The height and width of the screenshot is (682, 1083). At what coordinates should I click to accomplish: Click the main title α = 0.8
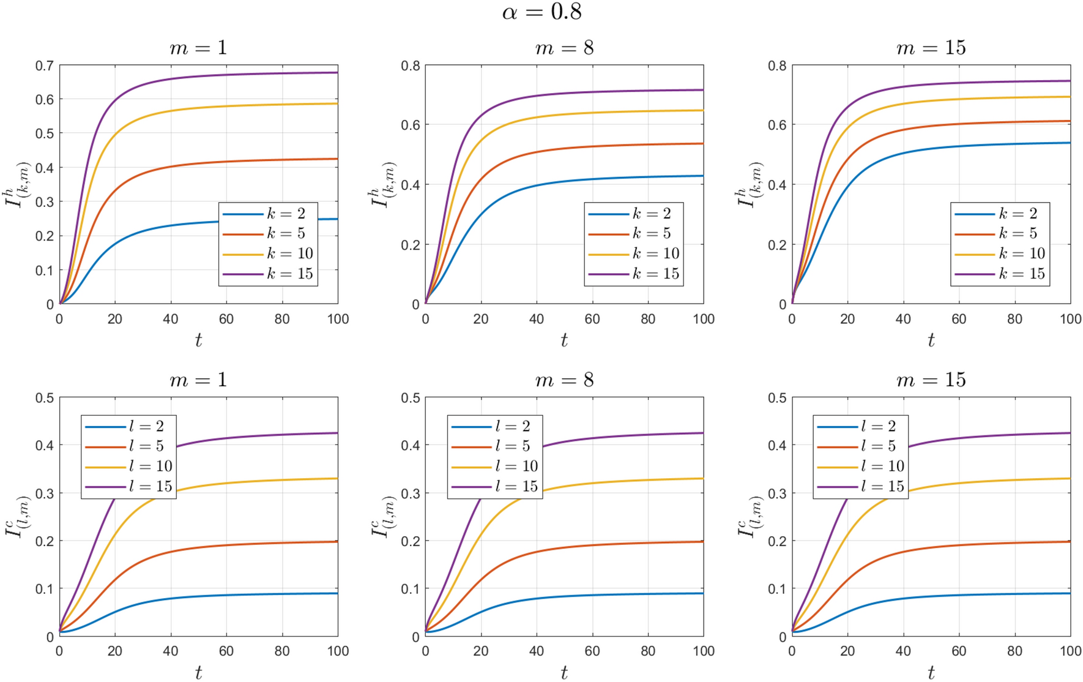point(541,12)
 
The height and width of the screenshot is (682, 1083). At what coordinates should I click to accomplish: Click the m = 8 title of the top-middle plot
point(564,48)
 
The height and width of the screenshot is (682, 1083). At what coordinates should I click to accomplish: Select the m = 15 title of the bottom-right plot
point(931,380)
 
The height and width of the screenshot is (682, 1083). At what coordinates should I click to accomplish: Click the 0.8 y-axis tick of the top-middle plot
point(411,66)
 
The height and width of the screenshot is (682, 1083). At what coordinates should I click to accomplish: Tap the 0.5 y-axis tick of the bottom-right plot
point(777,398)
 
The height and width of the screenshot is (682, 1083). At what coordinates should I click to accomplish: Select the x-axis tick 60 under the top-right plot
point(959,319)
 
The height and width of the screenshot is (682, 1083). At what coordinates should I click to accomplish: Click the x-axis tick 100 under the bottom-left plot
point(338,651)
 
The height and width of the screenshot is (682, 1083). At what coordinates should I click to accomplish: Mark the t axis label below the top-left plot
point(198,340)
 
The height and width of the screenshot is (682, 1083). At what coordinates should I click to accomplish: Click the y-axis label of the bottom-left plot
point(17,517)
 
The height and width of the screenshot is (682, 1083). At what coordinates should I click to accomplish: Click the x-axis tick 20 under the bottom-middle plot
point(481,651)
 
